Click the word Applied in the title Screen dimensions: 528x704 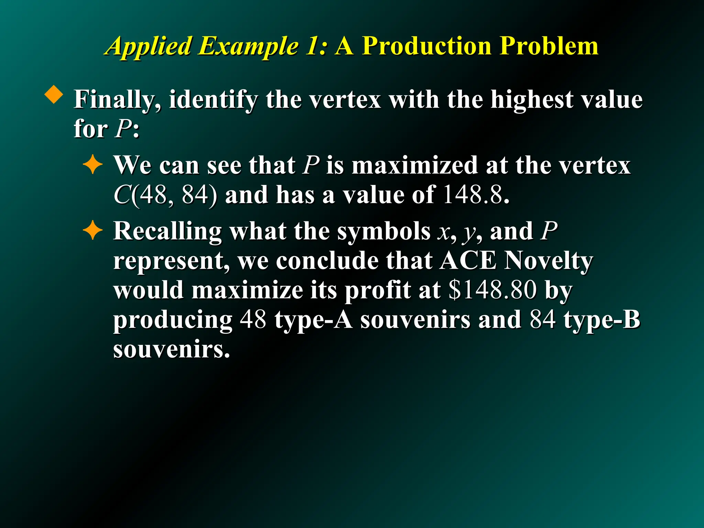click(x=148, y=46)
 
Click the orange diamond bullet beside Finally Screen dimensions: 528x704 click(x=54, y=94)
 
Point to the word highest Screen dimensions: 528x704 click(x=531, y=100)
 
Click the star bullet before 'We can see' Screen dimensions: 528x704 click(x=92, y=166)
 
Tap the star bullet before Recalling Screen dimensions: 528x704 click(x=92, y=231)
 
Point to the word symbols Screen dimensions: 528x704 click(x=383, y=231)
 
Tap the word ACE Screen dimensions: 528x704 click(x=468, y=261)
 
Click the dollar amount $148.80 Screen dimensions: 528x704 click(x=493, y=290)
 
